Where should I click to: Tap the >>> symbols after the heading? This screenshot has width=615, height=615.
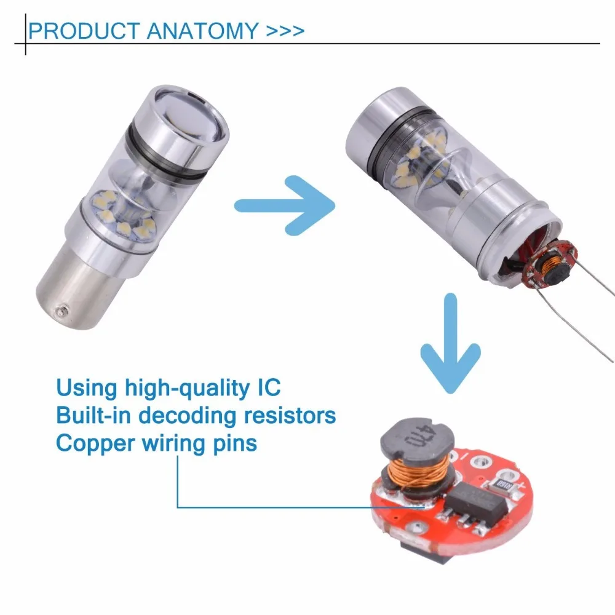tap(285, 31)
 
